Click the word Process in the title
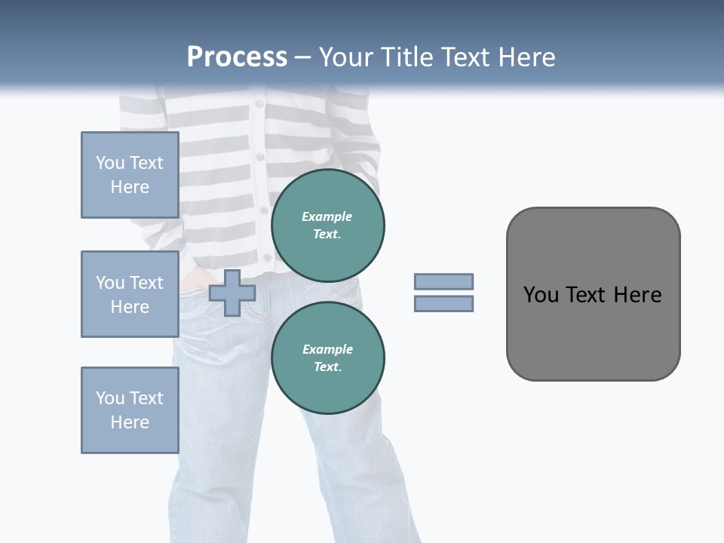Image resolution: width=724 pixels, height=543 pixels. click(x=237, y=57)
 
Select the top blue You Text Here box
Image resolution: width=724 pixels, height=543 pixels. click(x=130, y=175)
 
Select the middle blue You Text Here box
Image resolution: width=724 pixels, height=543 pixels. click(x=130, y=294)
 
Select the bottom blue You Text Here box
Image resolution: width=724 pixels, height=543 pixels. click(x=130, y=410)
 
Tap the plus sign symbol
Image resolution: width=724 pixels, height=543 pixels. click(x=232, y=293)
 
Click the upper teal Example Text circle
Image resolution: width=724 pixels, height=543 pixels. click(x=327, y=225)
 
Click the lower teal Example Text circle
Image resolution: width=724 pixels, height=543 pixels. click(x=327, y=357)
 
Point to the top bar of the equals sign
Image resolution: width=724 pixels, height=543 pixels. click(x=443, y=281)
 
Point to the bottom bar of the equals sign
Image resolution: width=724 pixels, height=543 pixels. click(x=443, y=304)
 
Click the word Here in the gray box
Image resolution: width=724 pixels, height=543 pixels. click(x=637, y=295)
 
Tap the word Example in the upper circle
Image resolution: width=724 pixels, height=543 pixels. click(x=327, y=216)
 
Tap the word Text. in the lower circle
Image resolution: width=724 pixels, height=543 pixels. click(x=327, y=367)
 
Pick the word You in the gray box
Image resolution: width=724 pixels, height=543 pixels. click(x=540, y=295)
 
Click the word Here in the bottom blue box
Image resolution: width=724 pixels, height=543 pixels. click(x=130, y=422)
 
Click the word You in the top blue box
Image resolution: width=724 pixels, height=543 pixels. click(x=110, y=163)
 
